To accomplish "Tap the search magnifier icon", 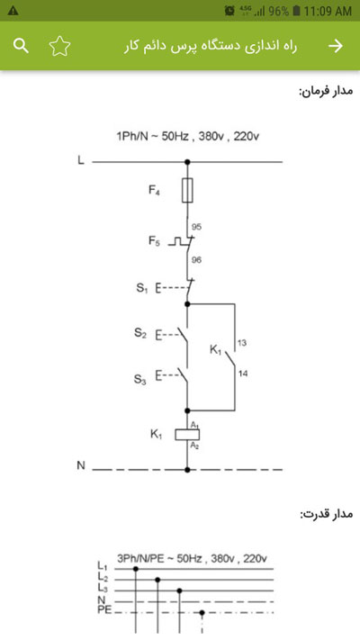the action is pos(21,46).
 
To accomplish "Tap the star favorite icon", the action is pos(60,46).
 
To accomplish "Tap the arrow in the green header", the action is pos(336,46).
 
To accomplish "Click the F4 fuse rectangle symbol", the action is pos(187,190).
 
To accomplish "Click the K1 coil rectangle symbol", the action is pos(187,435).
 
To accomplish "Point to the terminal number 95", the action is pos(196,227).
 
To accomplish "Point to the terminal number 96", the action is pos(196,259).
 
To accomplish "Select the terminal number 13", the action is pos(241,343).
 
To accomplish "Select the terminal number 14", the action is pos(242,374).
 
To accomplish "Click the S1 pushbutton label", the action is pos(141,288).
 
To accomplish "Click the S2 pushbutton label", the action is pos(140,333).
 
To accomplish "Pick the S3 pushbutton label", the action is pos(140,380).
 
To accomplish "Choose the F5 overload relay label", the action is pos(154,241).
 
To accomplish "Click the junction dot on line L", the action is pos(187,162).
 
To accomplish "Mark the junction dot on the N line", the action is pos(187,470).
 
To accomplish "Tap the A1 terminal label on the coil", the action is pos(194,425).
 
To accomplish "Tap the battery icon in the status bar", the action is pos(297,11).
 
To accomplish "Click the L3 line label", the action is pos(103,588).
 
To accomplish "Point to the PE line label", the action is pos(104,610).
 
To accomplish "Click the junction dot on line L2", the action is pos(157,580).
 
